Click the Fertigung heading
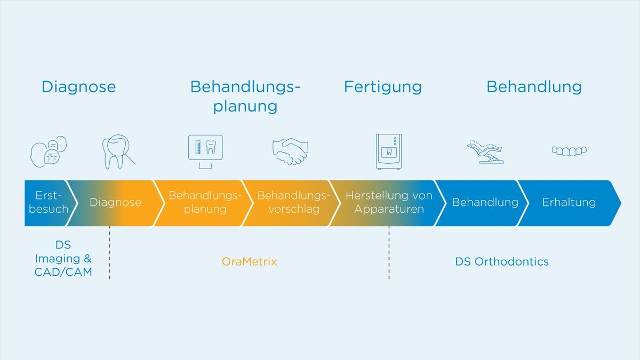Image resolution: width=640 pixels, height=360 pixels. tap(383, 87)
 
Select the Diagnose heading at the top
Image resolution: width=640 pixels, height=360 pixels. tap(78, 87)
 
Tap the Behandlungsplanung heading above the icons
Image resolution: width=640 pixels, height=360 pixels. tap(245, 97)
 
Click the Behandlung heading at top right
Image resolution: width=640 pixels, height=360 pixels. tap(534, 87)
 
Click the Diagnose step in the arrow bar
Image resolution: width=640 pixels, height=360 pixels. tap(115, 203)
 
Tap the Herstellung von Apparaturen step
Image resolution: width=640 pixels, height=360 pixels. tap(389, 203)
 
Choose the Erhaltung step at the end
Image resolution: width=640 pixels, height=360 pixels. tap(569, 203)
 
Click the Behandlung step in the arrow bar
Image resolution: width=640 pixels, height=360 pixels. tap(485, 203)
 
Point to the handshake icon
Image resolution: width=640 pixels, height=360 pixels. tap(290, 151)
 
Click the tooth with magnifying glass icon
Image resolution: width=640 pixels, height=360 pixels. tap(118, 151)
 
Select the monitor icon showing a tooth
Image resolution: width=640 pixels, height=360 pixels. tap(205, 151)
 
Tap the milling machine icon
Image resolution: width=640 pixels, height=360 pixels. tap(389, 151)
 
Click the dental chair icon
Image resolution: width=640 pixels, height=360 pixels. tap(485, 151)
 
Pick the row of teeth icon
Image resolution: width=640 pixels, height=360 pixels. tap(569, 151)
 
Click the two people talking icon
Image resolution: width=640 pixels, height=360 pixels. tap(49, 151)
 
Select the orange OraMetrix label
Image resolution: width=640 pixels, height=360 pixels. tap(249, 262)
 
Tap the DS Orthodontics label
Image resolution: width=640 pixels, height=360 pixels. tap(502, 262)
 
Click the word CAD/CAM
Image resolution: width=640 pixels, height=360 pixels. tap(63, 273)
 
